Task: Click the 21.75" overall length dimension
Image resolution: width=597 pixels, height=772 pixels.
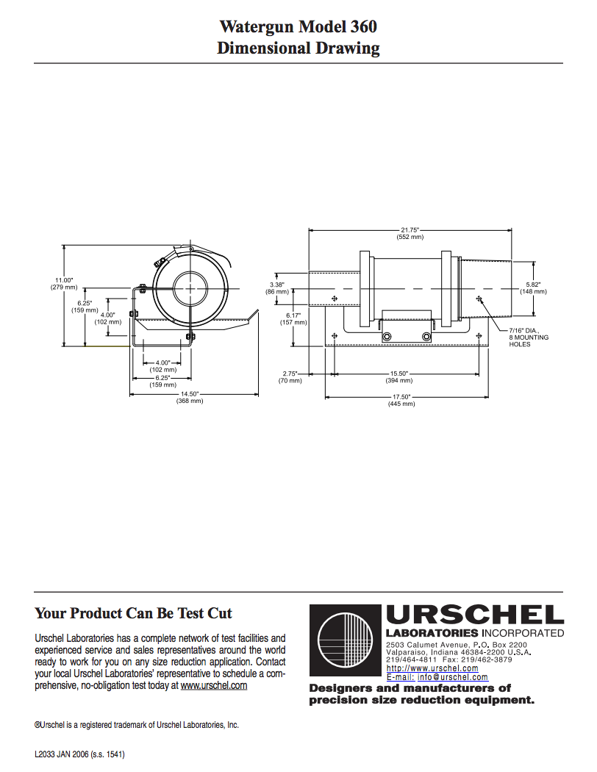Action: pos(410,233)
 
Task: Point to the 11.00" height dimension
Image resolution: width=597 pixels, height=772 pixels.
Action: pos(64,284)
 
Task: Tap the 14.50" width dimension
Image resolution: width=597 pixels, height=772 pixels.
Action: pos(190,397)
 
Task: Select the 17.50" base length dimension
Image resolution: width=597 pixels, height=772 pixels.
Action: pos(401,400)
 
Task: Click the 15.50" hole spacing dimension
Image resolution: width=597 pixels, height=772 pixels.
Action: pos(399,377)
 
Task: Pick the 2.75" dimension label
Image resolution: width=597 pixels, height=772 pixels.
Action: pos(290,377)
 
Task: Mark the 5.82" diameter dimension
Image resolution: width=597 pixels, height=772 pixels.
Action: pos(534,288)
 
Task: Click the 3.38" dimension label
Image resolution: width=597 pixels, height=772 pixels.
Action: pos(276,288)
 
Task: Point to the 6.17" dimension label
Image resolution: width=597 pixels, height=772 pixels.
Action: pos(293,319)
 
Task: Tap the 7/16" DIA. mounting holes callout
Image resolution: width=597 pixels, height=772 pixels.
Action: pos(529,337)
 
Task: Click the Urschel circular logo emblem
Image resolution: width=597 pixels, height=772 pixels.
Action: pos(345,640)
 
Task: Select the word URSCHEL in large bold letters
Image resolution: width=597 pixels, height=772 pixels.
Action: pos(475,616)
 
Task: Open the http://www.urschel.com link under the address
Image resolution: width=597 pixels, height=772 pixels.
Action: pos(432,668)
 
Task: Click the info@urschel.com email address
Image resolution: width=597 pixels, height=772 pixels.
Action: pos(453,677)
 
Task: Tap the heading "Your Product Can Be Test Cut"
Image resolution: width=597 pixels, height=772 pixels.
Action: pos(133,613)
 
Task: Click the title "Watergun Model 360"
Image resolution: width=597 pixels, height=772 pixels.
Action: pos(298,26)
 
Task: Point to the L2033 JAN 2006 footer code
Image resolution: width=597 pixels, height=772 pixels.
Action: pos(79,754)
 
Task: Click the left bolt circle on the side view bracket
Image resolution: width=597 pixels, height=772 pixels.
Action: pos(387,337)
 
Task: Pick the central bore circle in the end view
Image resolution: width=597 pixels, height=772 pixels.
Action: pos(190,288)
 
